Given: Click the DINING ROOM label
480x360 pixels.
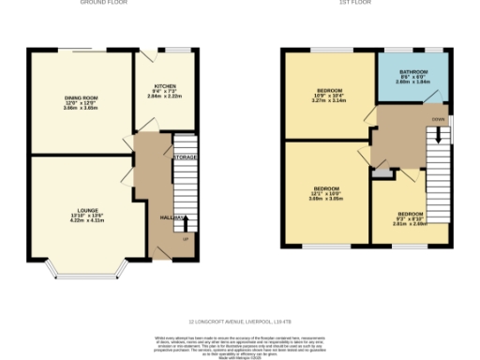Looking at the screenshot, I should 81,97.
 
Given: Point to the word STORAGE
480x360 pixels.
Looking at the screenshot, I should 185,157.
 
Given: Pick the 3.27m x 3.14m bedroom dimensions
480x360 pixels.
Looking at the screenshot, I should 328,99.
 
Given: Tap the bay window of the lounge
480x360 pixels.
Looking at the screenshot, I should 84,272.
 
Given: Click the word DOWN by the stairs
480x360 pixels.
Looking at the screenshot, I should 438,120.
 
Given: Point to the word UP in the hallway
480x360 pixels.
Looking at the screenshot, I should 185,239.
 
